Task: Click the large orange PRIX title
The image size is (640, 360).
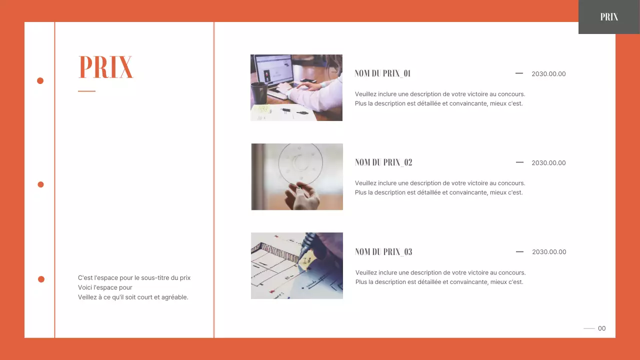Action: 105,67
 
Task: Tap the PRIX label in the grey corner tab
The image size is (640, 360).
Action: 609,17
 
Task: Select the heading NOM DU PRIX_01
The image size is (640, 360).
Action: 382,73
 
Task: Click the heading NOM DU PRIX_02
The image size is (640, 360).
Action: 383,162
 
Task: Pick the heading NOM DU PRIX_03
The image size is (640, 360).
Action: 383,252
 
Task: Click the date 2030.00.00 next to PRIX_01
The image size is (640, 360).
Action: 548,74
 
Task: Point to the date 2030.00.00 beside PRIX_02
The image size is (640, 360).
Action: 548,163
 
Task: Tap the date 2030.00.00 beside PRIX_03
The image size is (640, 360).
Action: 549,252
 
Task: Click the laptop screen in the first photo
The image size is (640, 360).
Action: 274,69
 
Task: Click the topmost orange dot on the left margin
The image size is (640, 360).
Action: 40,80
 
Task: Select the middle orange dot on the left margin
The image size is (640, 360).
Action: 40,184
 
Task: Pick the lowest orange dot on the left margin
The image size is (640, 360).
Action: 41,279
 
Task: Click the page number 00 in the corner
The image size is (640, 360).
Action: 601,328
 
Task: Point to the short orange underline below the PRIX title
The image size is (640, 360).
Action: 86,91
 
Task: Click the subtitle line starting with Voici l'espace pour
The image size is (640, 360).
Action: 105,287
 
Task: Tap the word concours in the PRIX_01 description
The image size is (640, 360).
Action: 511,94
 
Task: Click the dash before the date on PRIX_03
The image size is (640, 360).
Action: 519,251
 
